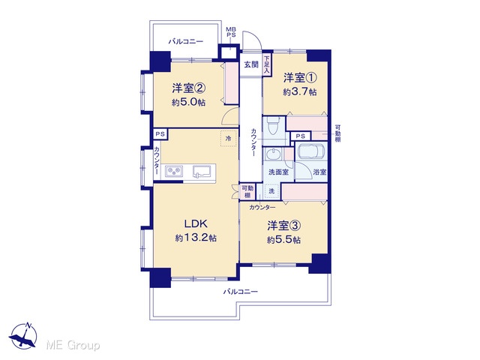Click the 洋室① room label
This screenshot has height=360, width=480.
click(x=300, y=78)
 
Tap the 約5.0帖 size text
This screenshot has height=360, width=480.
click(x=188, y=102)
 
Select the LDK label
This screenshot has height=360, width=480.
click(x=196, y=223)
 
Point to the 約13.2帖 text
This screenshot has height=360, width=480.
click(x=196, y=238)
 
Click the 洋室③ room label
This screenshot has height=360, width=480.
click(x=283, y=226)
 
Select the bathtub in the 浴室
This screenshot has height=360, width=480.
click(x=311, y=151)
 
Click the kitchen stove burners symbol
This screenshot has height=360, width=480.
click(x=174, y=172)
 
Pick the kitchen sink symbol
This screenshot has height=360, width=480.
click(x=202, y=172)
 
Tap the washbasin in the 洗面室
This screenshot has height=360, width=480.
click(x=272, y=154)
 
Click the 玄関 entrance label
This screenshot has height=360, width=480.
click(x=251, y=64)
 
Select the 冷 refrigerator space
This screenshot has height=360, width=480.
click(x=228, y=138)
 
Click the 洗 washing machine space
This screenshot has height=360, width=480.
click(x=271, y=191)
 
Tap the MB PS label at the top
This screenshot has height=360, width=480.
click(x=231, y=32)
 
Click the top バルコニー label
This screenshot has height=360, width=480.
click(x=186, y=41)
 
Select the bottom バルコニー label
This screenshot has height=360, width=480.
click(x=240, y=292)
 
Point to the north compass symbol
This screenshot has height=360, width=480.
click(x=23, y=336)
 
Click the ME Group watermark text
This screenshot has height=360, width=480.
click(x=73, y=345)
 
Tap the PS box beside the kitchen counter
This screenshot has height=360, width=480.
click(x=160, y=134)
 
